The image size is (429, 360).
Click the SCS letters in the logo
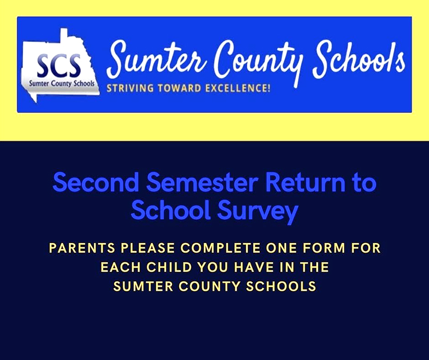[x=59, y=65]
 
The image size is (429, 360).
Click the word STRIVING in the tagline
[x=130, y=89]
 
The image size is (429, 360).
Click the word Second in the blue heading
[x=96, y=182]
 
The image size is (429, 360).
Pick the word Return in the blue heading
[x=305, y=182]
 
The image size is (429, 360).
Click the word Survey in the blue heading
[x=257, y=212]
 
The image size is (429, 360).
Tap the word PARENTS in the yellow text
[x=82, y=248]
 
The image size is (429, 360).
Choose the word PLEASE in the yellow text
[x=148, y=248]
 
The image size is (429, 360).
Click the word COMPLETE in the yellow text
[x=220, y=248]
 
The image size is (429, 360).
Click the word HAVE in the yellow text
[x=254, y=268]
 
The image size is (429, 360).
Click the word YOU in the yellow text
[x=213, y=268]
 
